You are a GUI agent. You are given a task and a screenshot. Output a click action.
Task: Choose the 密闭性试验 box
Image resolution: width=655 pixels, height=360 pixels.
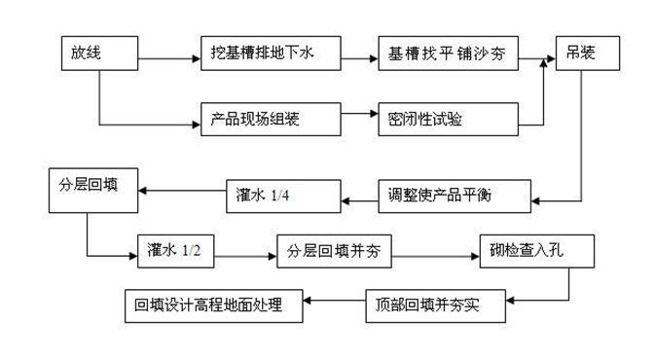[x=446, y=120]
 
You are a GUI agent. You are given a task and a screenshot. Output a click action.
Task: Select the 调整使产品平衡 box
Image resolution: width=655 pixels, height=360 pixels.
[x=455, y=195]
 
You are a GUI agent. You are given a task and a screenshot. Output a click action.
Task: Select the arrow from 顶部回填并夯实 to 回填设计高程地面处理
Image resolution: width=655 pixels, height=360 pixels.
[x=335, y=303]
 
